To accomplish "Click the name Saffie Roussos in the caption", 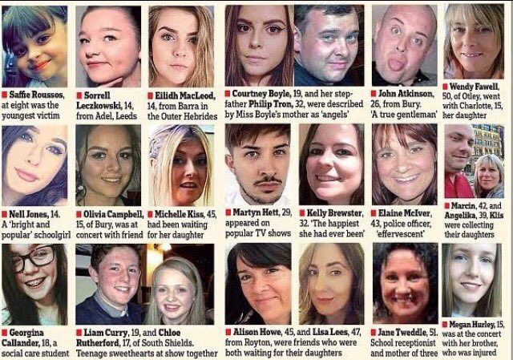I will click(x=38, y=93).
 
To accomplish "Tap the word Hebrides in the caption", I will click(x=192, y=114).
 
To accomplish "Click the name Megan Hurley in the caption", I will click(x=477, y=325).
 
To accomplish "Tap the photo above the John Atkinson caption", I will click(x=404, y=44).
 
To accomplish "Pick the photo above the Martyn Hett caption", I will click(x=257, y=165).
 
